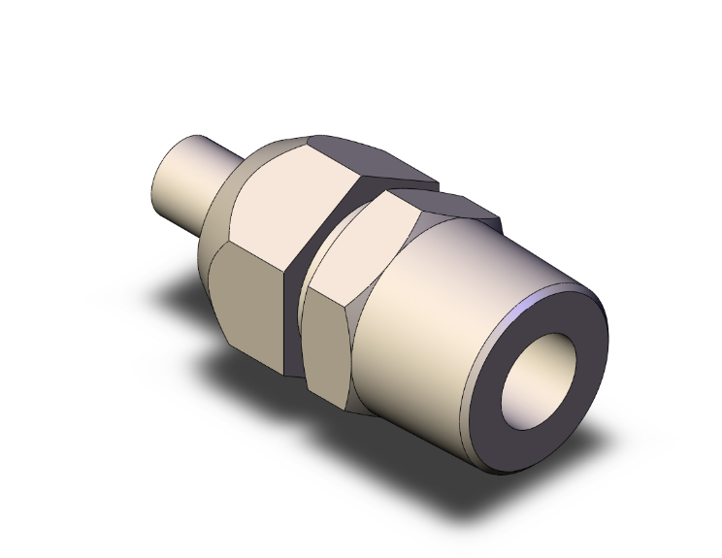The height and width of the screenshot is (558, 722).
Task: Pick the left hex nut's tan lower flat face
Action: pos(247,301)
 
